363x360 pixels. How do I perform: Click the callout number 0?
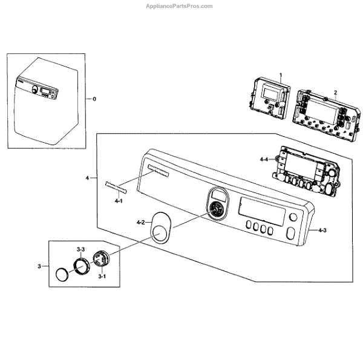(93, 98)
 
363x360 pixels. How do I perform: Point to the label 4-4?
(264, 159)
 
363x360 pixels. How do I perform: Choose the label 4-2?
(140, 223)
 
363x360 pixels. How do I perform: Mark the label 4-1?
(119, 200)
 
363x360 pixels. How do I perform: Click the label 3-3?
(80, 249)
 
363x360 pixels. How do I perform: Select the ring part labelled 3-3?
(82, 265)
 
